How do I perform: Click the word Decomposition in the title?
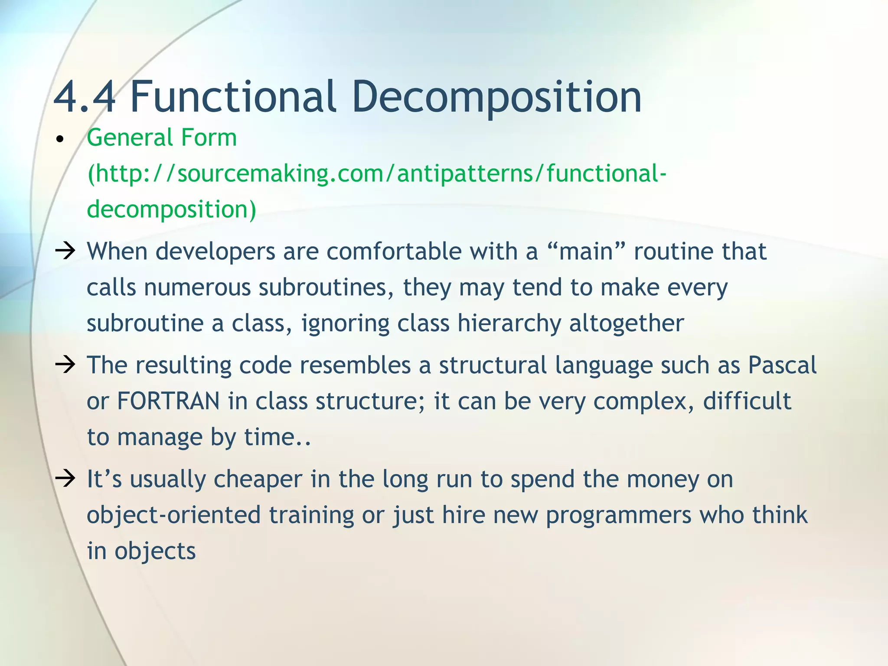[x=496, y=98]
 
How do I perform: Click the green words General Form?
[x=162, y=138]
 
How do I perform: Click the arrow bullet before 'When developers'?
[x=65, y=251]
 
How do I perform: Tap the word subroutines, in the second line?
[x=326, y=287]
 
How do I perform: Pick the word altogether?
[x=626, y=323]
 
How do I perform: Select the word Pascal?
[x=782, y=365]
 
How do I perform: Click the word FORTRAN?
[x=168, y=401]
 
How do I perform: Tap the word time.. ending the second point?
[x=277, y=437]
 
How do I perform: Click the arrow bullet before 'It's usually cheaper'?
[x=65, y=479]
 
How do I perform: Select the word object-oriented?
[x=173, y=516]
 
